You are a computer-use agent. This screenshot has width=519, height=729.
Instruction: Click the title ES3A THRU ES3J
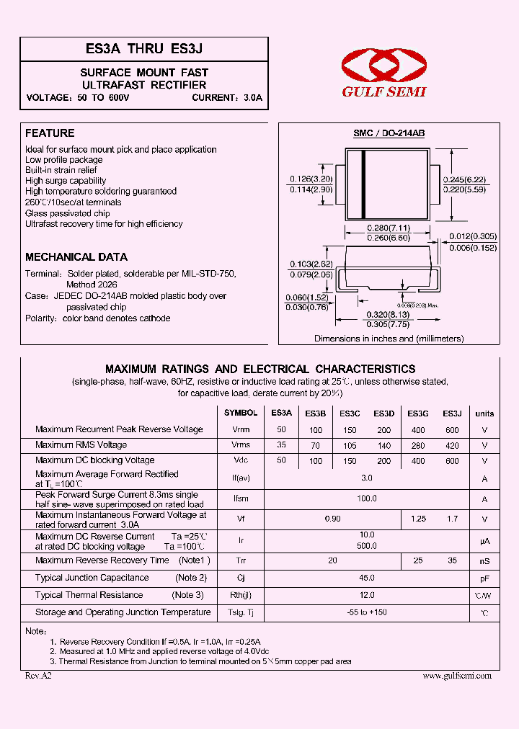143,49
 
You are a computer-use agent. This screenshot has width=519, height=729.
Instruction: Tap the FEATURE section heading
50,133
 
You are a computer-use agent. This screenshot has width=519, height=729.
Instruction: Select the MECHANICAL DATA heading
76,257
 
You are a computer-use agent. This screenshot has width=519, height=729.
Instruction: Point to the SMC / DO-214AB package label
389,133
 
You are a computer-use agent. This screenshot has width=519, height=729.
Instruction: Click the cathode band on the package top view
364,185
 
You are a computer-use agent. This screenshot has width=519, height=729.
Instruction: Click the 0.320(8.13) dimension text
389,314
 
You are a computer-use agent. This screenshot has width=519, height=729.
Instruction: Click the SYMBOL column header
241,413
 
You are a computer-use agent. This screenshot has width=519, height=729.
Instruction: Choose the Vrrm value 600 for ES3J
452,430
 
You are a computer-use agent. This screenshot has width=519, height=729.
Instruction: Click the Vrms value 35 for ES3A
281,445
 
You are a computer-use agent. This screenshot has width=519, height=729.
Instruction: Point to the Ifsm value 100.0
367,498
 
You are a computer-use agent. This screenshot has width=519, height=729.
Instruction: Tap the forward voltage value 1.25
418,519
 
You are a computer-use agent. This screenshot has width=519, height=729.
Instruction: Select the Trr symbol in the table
241,560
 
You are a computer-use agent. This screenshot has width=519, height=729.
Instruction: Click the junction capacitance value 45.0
367,578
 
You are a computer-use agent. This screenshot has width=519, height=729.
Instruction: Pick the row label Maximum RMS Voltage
81,445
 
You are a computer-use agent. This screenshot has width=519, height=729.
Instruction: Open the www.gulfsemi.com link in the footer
456,676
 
